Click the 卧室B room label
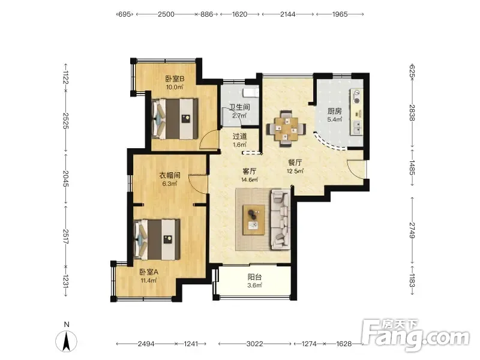tap(175, 79)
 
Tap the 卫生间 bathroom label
tap(239, 107)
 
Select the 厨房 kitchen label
tap(334, 111)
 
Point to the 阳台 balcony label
tap(254, 277)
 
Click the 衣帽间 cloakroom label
tap(170, 175)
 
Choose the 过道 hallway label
tap(239, 136)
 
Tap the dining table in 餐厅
tap(286, 129)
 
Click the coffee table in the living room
tap(253, 220)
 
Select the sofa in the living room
tap(280, 219)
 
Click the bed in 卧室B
tap(175, 118)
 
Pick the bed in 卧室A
tap(157, 239)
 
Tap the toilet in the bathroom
tap(250, 92)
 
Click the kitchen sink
tap(357, 127)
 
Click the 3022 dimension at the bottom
tap(254, 344)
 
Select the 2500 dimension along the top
tap(166, 14)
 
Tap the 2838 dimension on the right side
tap(412, 113)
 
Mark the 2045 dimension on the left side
tap(65, 178)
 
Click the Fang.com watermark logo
tap(415, 335)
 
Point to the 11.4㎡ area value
tap(149, 280)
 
